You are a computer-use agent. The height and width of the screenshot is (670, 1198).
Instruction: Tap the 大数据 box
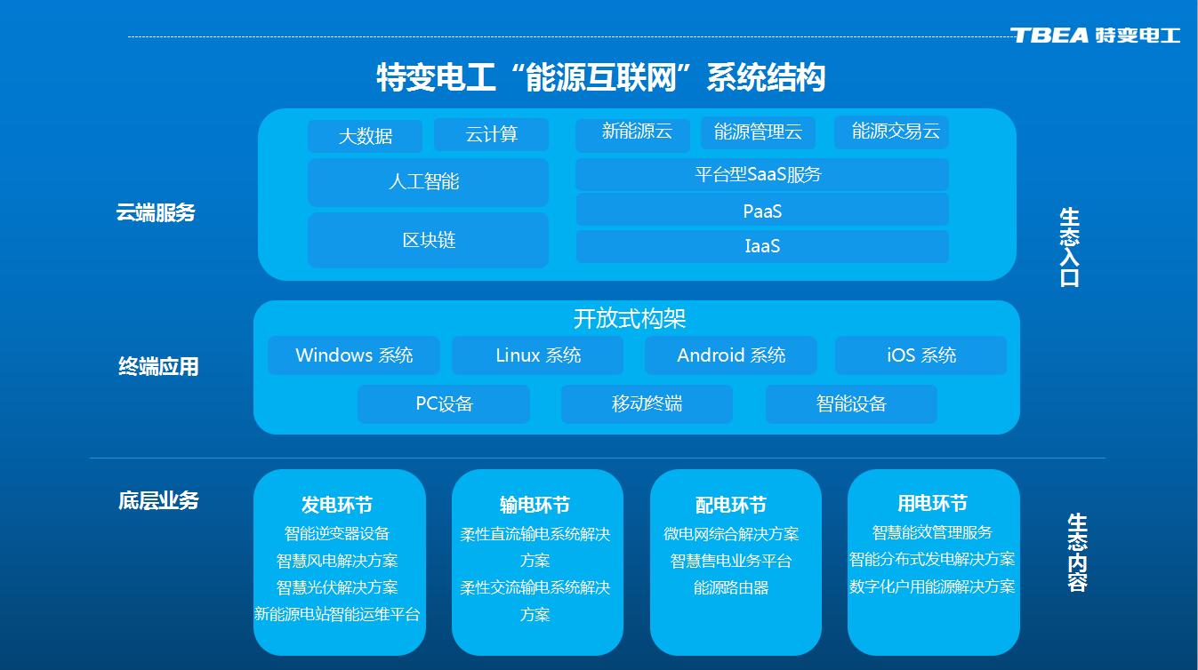(x=365, y=136)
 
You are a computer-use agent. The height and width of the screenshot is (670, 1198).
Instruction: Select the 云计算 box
(x=491, y=134)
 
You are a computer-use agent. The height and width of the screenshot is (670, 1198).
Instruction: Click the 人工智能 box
(x=428, y=182)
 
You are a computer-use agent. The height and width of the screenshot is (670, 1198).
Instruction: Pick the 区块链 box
(x=428, y=240)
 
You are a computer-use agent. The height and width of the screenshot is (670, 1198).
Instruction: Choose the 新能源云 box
(x=632, y=133)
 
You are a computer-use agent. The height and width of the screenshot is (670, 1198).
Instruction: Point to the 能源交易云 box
(x=891, y=132)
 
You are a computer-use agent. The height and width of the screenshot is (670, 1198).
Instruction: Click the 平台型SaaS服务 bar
(x=761, y=174)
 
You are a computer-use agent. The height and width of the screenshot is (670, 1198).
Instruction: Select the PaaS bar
(x=761, y=211)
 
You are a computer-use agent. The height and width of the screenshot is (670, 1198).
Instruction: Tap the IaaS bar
(x=761, y=246)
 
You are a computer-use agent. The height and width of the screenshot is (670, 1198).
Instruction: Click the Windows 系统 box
(x=353, y=355)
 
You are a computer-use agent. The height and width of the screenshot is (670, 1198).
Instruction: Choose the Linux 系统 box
(x=537, y=355)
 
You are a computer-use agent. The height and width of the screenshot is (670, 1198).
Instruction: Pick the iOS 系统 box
(x=921, y=355)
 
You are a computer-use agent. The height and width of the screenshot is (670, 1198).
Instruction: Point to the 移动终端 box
(x=647, y=403)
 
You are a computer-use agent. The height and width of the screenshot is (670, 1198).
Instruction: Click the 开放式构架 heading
(x=630, y=318)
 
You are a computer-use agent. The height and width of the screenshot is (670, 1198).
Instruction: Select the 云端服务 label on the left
(x=156, y=213)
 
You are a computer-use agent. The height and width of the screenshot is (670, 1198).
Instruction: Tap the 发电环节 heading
(x=336, y=506)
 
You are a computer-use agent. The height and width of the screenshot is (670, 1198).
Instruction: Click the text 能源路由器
(x=731, y=587)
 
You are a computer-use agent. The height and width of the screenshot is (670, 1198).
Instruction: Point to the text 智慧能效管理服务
(x=932, y=532)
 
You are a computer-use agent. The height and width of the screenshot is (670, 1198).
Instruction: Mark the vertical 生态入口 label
(x=1069, y=247)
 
